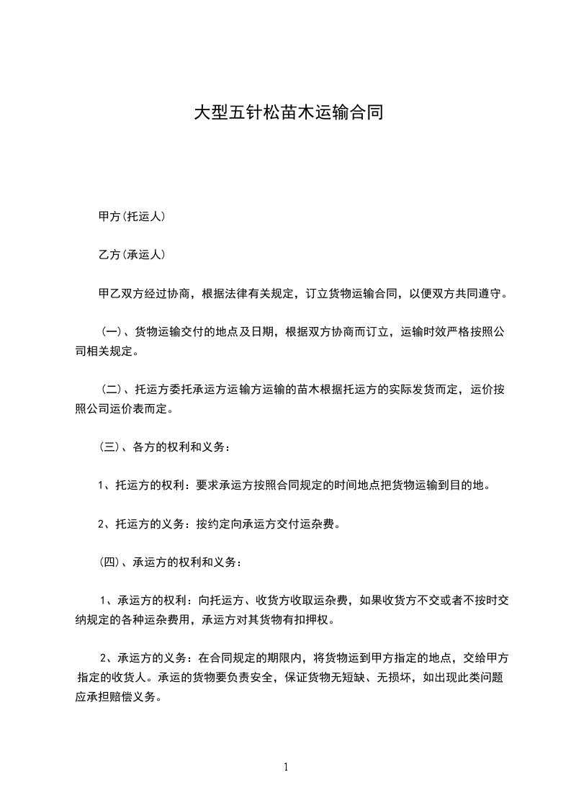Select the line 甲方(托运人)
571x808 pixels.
(132, 216)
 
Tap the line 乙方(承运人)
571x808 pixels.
(132, 255)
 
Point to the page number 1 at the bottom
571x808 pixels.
(286, 767)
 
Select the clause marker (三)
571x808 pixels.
(110, 446)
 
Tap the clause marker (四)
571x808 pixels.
(110, 562)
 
